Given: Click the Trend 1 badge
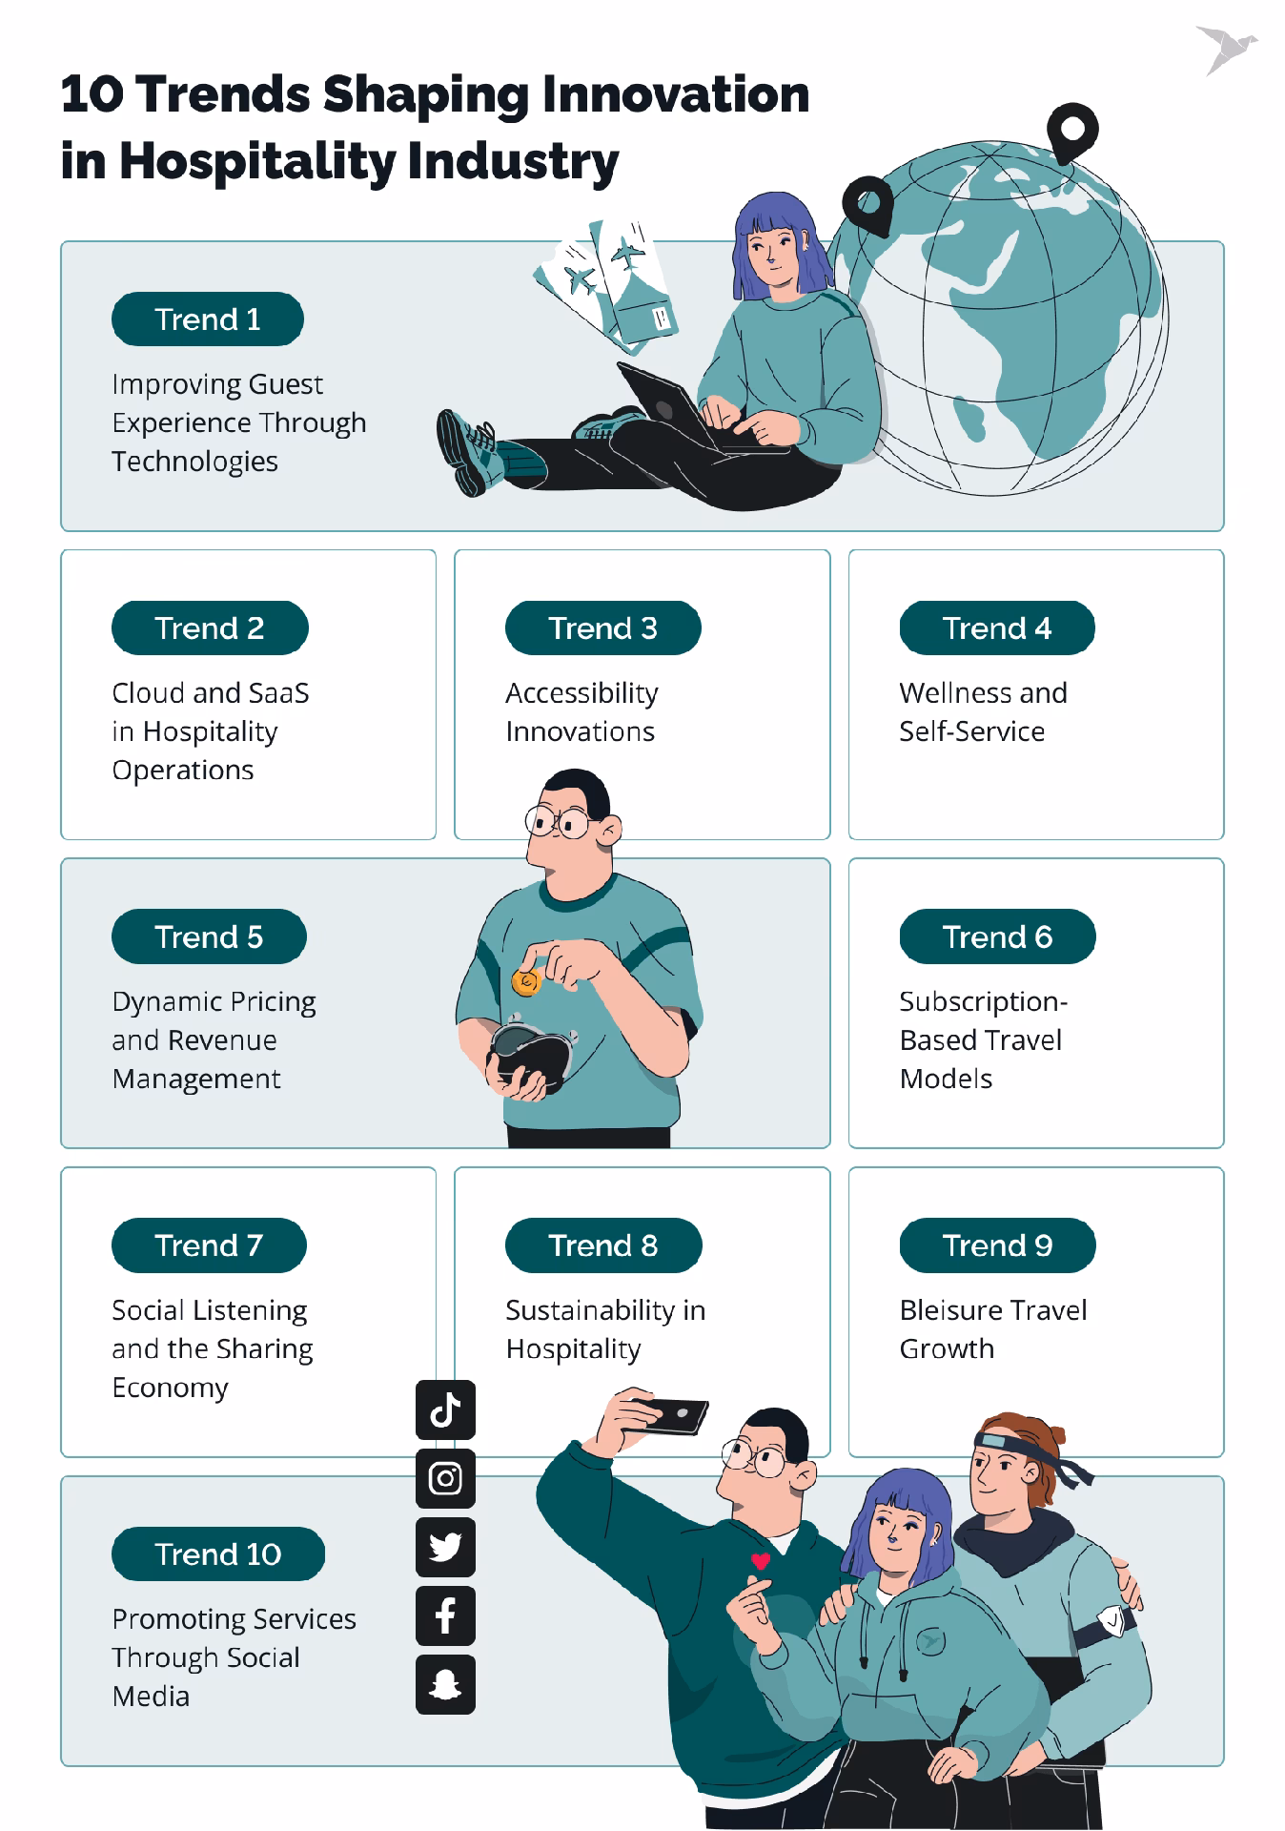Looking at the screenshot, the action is coord(208,319).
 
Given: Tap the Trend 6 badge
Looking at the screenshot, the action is coord(997,936).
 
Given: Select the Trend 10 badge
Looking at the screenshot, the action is coord(218,1553).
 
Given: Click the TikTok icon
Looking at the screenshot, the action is coord(445,1409).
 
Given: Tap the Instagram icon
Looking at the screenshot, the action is coord(445,1478).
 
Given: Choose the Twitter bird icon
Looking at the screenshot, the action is coord(445,1547).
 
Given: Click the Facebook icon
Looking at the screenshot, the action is coord(445,1615).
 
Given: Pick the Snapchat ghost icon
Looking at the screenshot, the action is coord(445,1684).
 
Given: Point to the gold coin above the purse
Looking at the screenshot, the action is coord(526,981).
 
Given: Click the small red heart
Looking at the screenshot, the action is coord(760,1561).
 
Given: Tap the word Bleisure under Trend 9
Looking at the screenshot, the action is coord(953,1310).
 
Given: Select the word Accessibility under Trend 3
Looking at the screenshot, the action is coord(581,694).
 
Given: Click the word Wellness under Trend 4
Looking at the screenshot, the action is coord(954,692).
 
